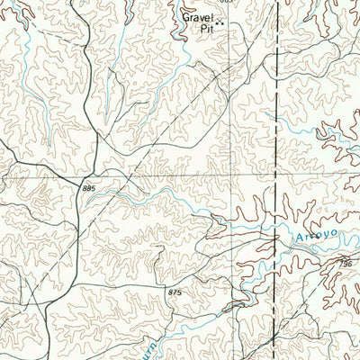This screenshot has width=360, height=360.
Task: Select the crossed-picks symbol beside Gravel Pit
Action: (219, 26)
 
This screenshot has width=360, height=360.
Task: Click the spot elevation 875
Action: (174, 293)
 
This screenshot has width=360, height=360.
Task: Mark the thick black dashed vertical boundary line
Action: (275, 135)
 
